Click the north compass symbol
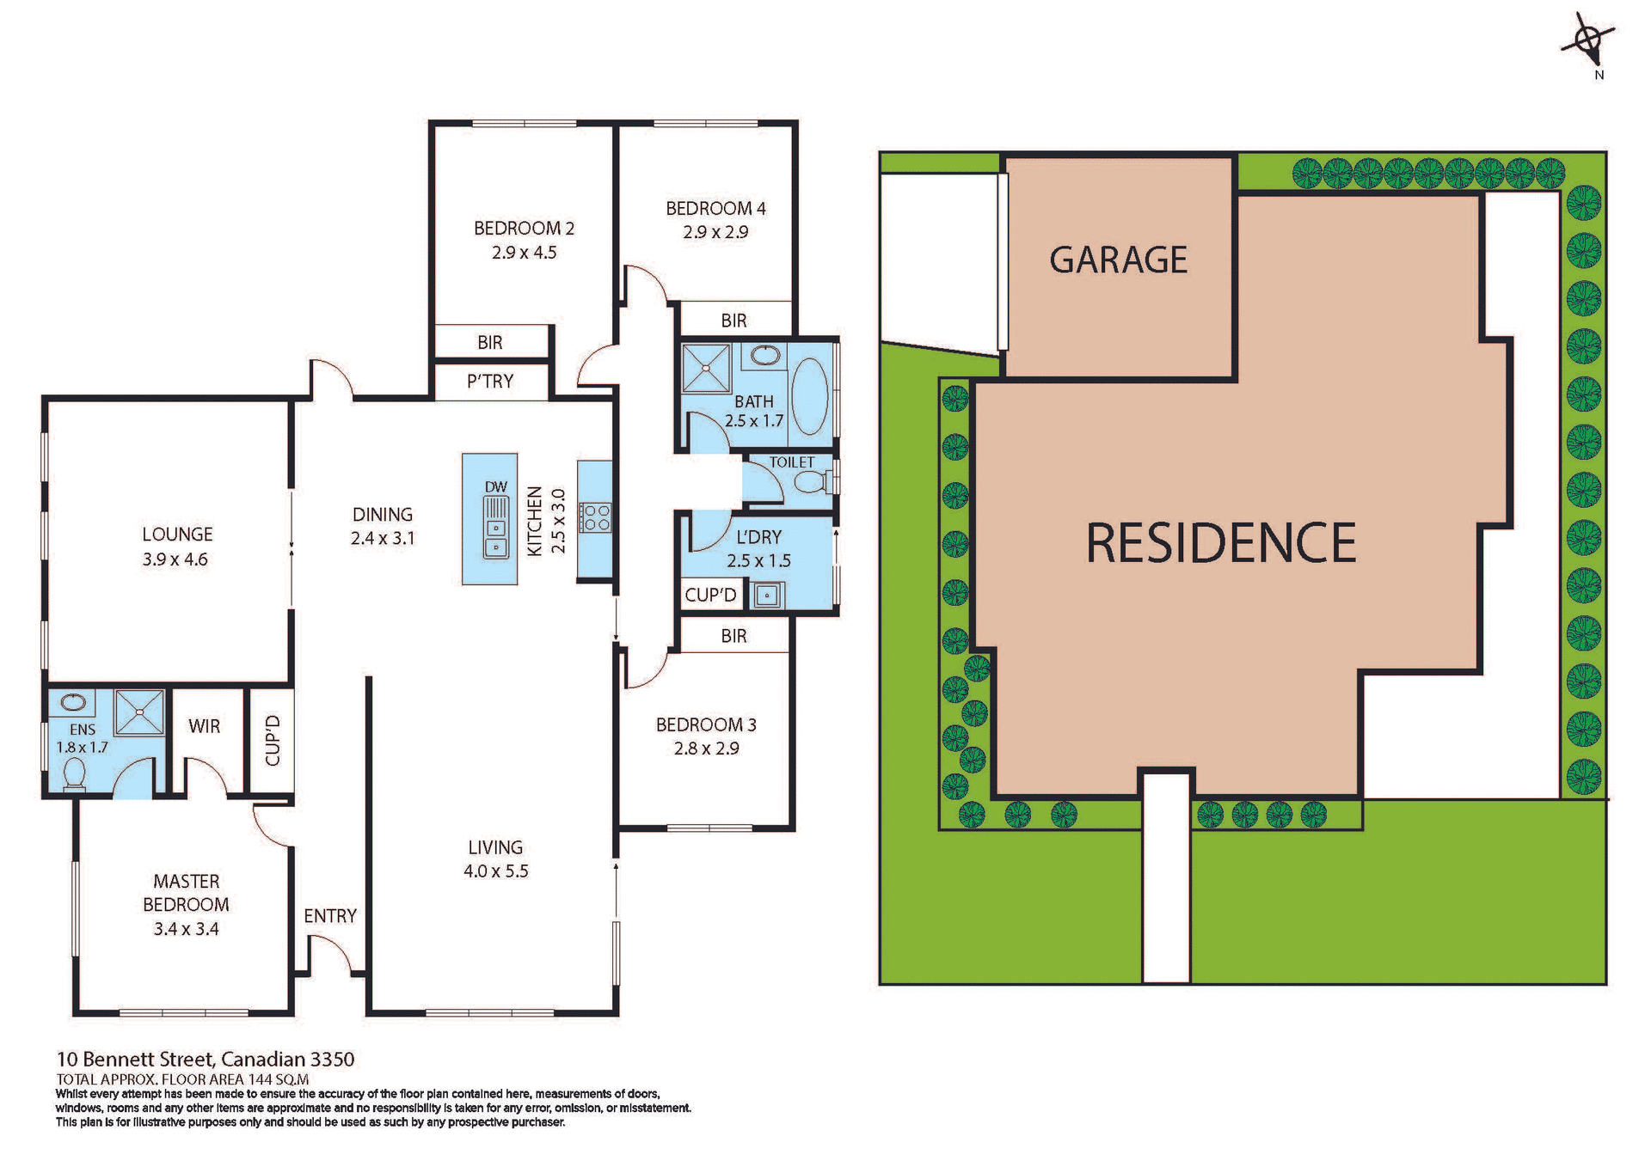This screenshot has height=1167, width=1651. coord(1590,40)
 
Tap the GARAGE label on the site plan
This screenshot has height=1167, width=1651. coord(1118,260)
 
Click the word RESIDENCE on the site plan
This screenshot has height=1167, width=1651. coord(1220,543)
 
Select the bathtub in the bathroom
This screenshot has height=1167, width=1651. coord(808,396)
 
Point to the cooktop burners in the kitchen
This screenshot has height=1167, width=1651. coord(595,517)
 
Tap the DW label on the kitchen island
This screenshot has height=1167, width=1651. coord(496,486)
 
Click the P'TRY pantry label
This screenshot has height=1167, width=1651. coord(490,382)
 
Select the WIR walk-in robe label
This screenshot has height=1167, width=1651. coord(204,726)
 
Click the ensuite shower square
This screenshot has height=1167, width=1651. coord(139,712)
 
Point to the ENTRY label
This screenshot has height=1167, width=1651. coord(330,916)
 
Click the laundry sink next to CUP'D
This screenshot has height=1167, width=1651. coord(766,595)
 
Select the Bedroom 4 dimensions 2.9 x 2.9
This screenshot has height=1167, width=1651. coord(715,232)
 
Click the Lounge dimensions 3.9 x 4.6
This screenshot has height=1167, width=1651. coord(175,559)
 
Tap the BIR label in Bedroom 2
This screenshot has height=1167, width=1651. coord(490,343)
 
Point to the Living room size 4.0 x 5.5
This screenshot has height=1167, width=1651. coord(495,871)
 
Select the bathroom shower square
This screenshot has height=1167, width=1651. coord(706,368)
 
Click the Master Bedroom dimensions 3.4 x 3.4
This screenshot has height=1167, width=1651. coord(186,929)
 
